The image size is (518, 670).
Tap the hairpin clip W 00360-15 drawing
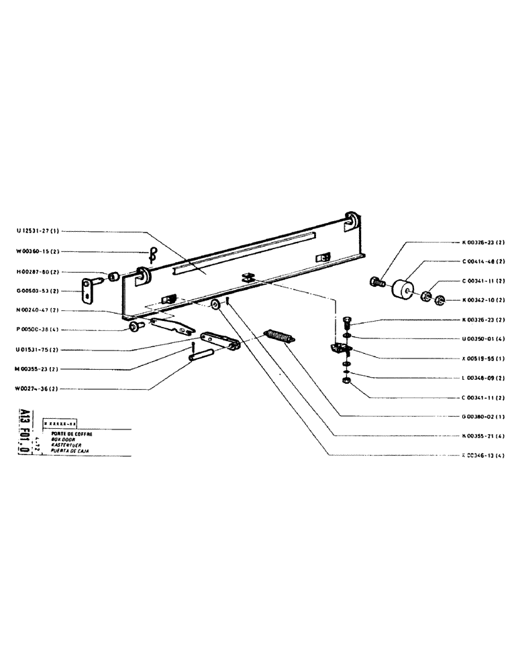pyautogui.click(x=152, y=253)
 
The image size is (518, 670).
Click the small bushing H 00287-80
pyautogui.click(x=114, y=275)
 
